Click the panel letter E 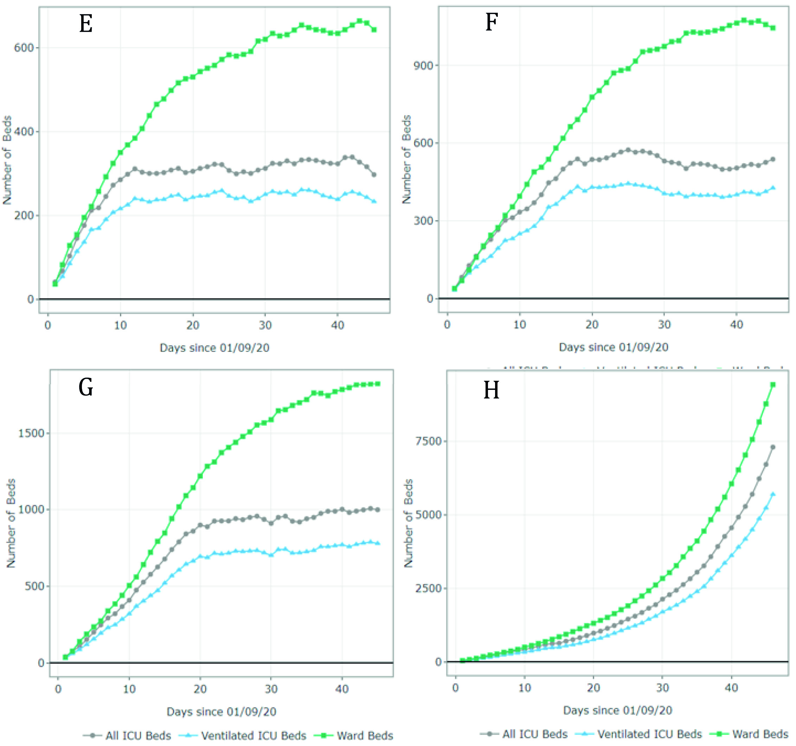(86, 24)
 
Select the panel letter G (86, 387)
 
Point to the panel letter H (491, 390)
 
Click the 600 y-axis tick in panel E (24, 48)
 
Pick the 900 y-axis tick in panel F (423, 65)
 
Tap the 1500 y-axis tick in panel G (31, 433)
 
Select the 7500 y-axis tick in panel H (428, 441)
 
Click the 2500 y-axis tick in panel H (428, 588)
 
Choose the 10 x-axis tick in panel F (520, 324)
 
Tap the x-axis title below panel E (214, 347)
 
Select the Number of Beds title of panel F (406, 159)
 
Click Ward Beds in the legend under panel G (365, 735)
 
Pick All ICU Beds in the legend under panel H (535, 734)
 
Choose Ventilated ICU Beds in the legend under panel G (253, 735)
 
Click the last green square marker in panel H (773, 385)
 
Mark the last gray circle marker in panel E (374, 175)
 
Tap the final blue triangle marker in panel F (773, 188)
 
